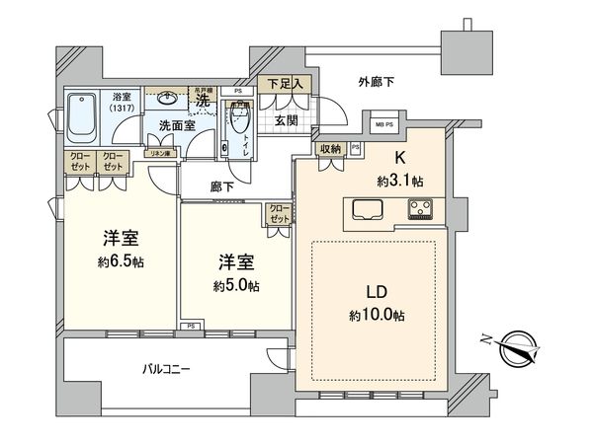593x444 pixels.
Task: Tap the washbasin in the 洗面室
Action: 166,99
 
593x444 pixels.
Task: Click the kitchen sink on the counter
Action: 363,210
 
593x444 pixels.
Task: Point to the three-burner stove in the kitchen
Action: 420,209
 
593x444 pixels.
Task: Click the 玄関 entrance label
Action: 285,120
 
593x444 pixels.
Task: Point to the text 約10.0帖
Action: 376,316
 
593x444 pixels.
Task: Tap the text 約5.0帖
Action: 237,285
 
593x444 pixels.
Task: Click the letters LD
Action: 376,292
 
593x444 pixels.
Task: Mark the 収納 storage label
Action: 330,149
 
